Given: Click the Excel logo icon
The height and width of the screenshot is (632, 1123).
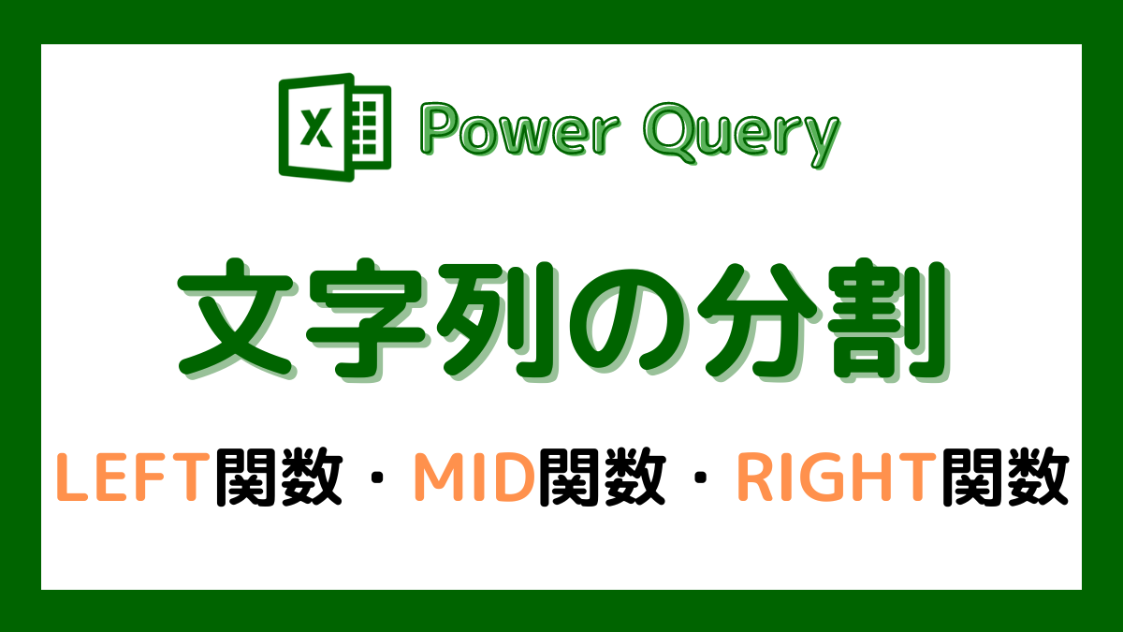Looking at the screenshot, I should (334, 125).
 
